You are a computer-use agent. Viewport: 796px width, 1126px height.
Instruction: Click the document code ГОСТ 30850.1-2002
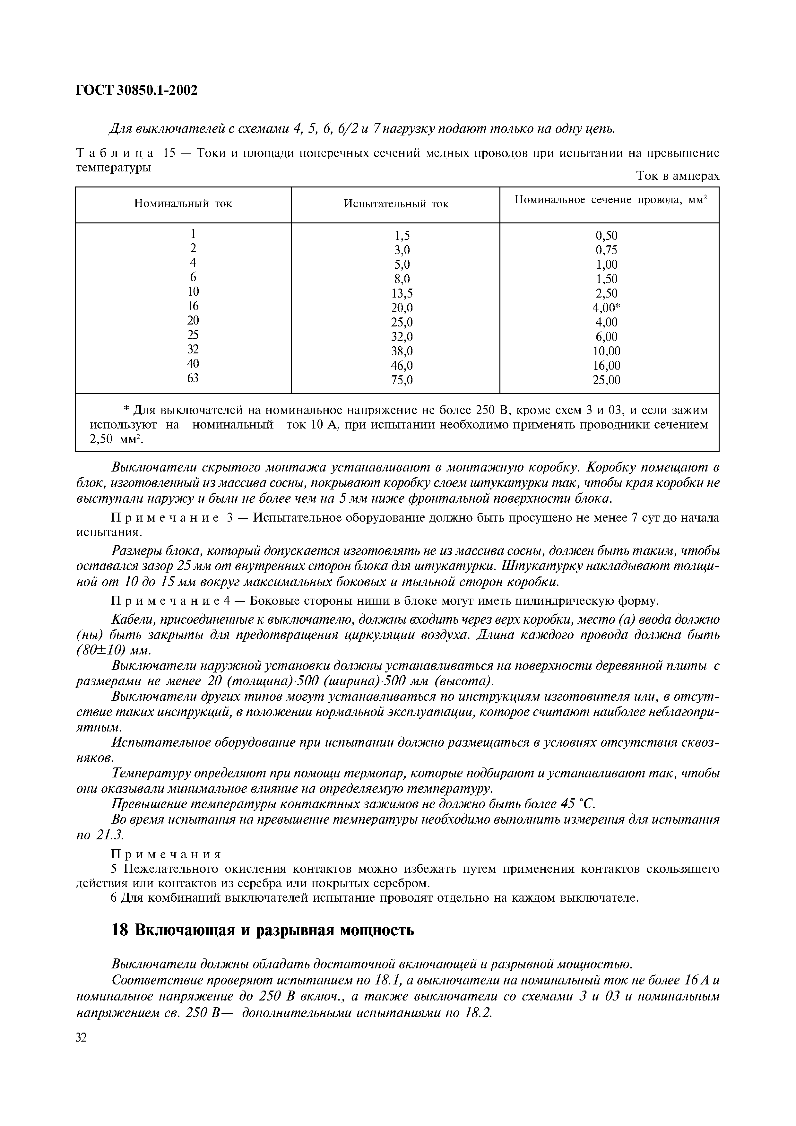tap(136, 90)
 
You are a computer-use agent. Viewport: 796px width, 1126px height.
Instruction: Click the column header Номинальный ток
tap(183, 204)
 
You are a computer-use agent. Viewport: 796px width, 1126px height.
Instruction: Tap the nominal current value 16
tap(193, 306)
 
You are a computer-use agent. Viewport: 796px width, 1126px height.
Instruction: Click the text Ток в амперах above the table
tap(677, 176)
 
